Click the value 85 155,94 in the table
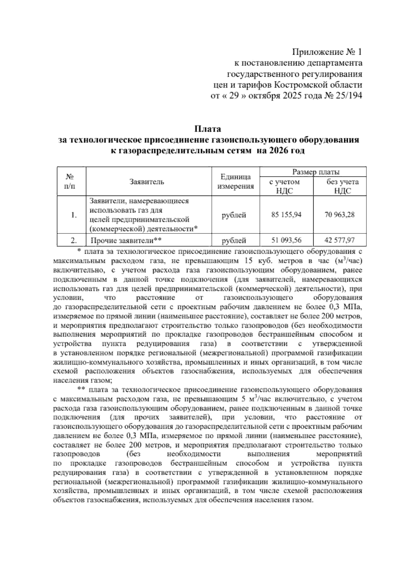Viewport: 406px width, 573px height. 286,215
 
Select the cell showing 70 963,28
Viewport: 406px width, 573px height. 340,215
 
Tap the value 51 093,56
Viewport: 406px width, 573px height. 286,240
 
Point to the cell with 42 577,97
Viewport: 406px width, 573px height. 340,240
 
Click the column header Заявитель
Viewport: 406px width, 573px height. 147,182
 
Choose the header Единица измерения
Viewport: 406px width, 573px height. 235,182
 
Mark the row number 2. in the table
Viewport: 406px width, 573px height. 74,241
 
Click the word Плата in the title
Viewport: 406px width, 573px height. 207,129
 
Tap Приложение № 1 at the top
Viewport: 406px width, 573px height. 327,52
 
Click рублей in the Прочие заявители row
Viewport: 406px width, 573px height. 233,241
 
